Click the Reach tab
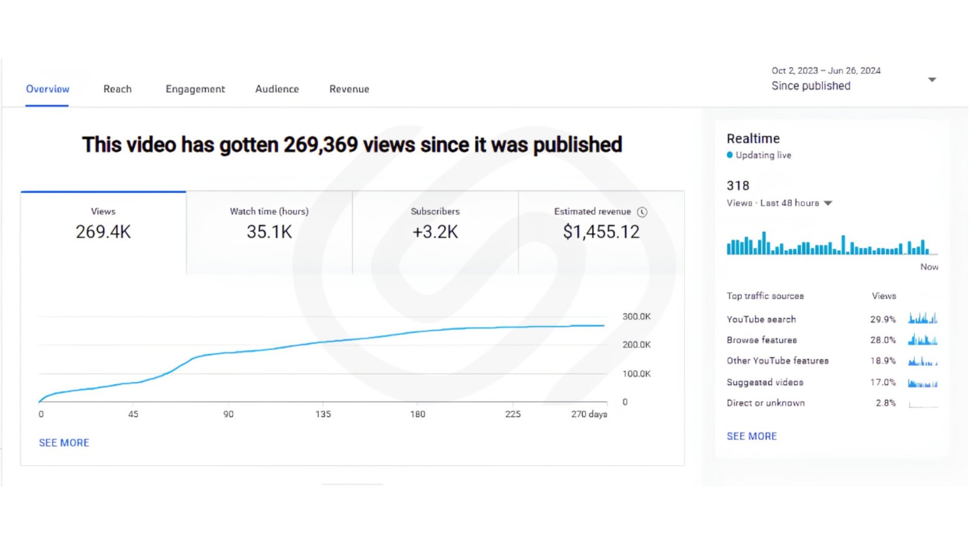pyautogui.click(x=117, y=89)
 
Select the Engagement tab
pyautogui.click(x=195, y=89)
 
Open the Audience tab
pyautogui.click(x=277, y=89)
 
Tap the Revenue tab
pyautogui.click(x=349, y=89)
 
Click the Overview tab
pyautogui.click(x=48, y=89)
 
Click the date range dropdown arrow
pyautogui.click(x=932, y=79)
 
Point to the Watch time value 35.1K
pyautogui.click(x=269, y=232)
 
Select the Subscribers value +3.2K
pyautogui.click(x=435, y=232)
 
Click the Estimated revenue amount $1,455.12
pyautogui.click(x=601, y=232)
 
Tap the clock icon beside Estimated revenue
pyautogui.click(x=642, y=212)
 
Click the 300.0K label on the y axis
pyautogui.click(x=637, y=317)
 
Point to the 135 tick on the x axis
pyautogui.click(x=323, y=414)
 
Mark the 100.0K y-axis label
pyautogui.click(x=637, y=374)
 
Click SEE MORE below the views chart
pyautogui.click(x=64, y=443)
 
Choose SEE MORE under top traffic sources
pyautogui.click(x=752, y=437)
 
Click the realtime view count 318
pyautogui.click(x=738, y=186)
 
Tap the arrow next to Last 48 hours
pyautogui.click(x=828, y=203)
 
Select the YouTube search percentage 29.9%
pyautogui.click(x=883, y=320)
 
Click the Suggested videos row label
pyautogui.click(x=765, y=382)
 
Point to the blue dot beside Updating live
pyautogui.click(x=730, y=155)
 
